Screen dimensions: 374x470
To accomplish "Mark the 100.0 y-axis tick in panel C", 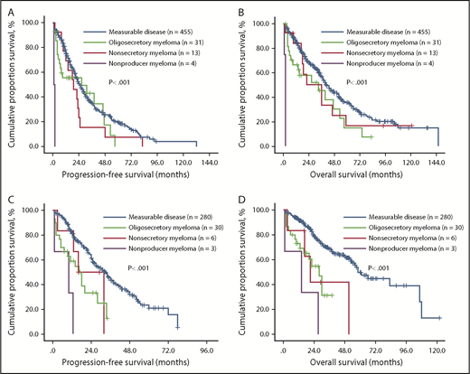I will pyautogui.click(x=38, y=210).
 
